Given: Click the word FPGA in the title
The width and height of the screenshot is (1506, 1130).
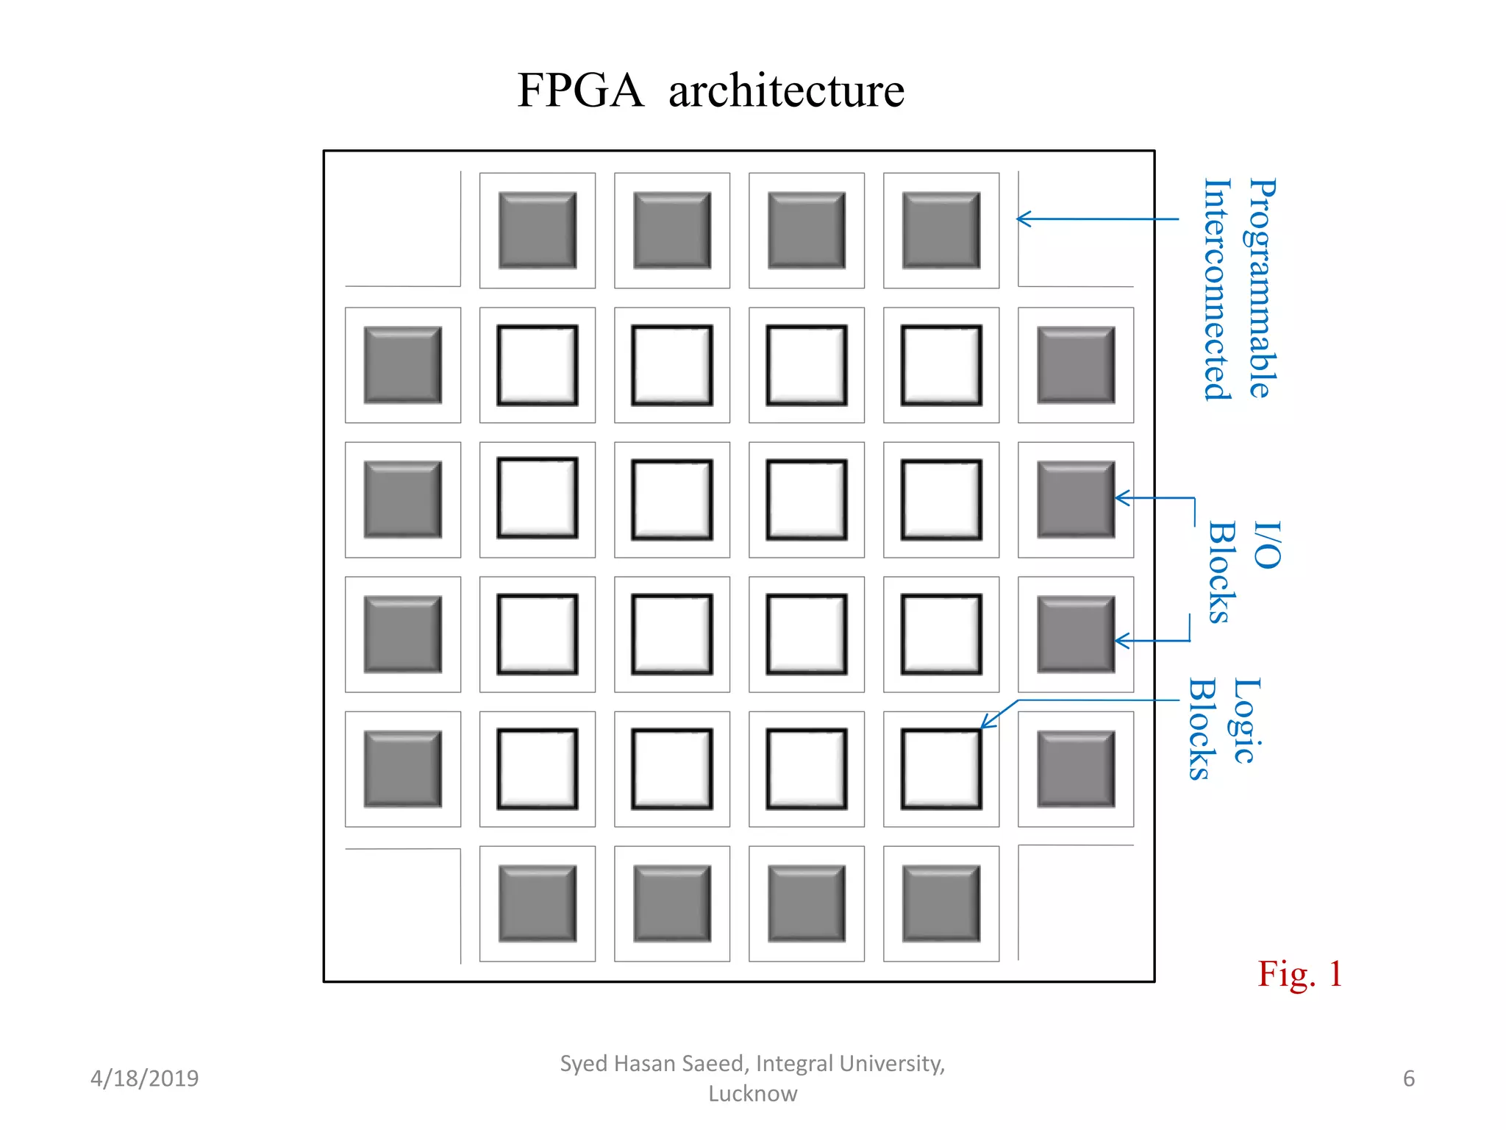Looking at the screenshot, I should tap(579, 90).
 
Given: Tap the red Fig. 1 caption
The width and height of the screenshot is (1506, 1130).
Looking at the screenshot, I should tap(1299, 974).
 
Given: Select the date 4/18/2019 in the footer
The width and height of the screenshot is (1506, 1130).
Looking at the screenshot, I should tap(144, 1078).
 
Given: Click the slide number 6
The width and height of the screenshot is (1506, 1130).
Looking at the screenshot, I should tap(1408, 1078).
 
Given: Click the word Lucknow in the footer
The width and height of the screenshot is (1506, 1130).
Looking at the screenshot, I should tap(752, 1093).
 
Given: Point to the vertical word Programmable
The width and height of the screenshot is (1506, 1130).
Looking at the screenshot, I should tap(1263, 288).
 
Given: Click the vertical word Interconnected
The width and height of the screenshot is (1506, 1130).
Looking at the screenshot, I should tap(1217, 289).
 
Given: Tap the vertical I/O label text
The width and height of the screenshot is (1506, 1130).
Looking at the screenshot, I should tap(1267, 545).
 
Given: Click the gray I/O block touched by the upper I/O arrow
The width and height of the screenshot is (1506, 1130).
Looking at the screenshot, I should tap(1075, 500).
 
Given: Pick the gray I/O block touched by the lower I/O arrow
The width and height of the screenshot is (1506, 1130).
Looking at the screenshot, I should tap(1075, 634).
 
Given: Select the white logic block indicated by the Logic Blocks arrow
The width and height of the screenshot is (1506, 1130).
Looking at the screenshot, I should tap(941, 769).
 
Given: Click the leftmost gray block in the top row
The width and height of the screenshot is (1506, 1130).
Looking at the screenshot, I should tap(538, 230).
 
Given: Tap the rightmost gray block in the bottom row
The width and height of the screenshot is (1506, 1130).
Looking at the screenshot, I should tap(941, 903).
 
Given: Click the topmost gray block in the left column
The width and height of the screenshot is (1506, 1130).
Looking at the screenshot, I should tap(403, 365).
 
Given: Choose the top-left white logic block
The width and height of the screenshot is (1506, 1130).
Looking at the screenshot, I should tap(538, 365).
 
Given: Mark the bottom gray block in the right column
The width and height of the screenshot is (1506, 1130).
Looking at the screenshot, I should tap(1075, 769).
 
